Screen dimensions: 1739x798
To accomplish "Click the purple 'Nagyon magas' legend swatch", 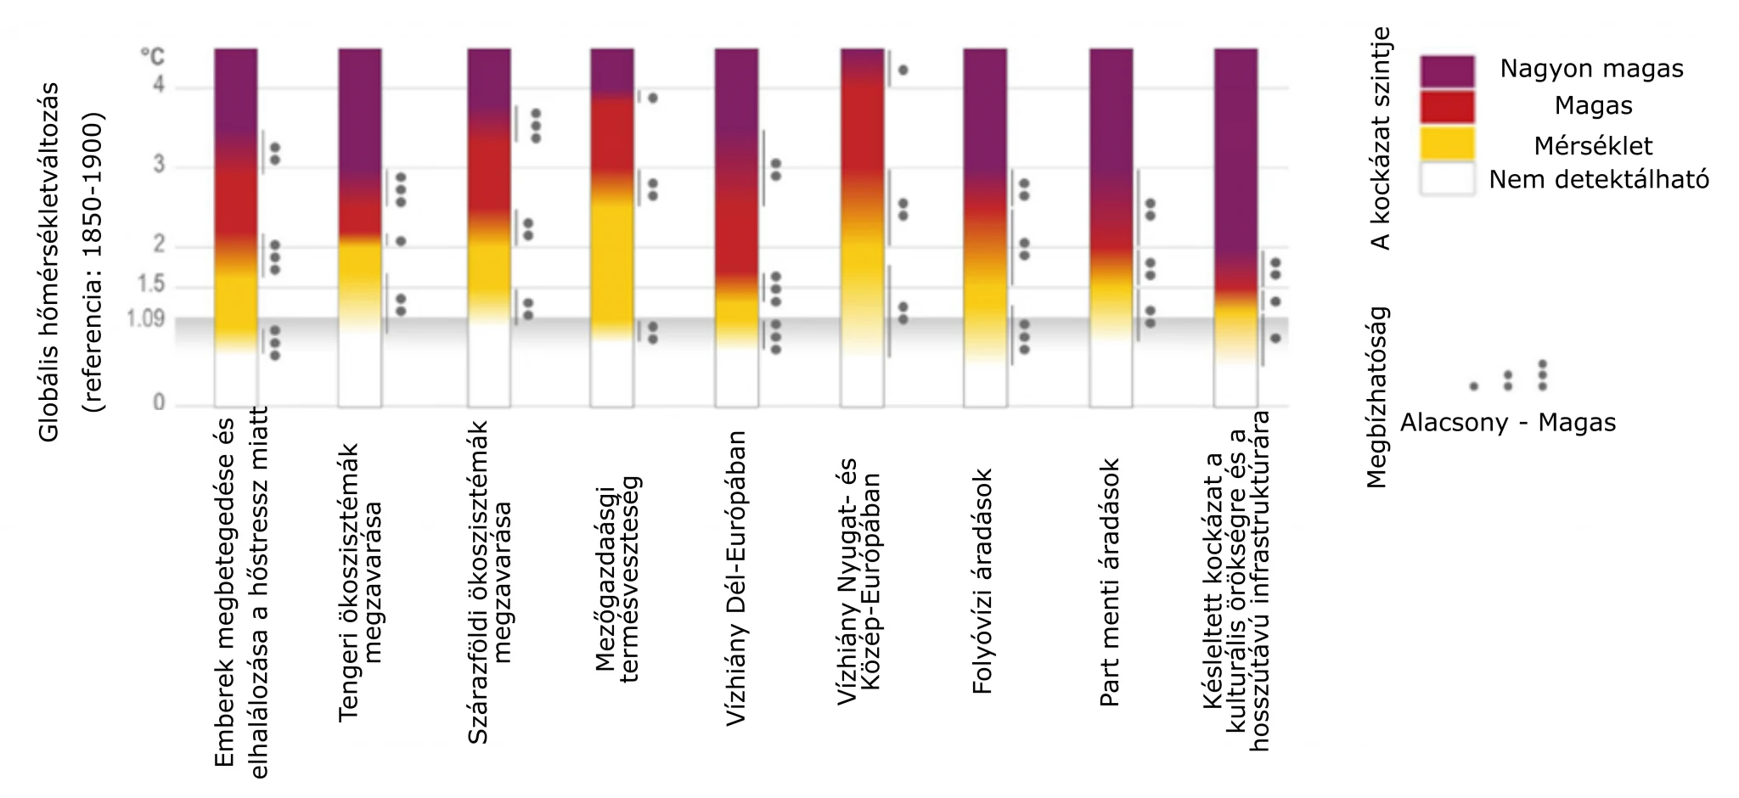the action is coord(1447,71).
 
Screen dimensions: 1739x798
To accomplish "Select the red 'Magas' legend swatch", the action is coord(1447,107).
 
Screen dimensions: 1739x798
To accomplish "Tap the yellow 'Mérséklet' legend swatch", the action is coord(1447,143).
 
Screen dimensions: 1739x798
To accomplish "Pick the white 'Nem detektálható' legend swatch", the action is coord(1447,179).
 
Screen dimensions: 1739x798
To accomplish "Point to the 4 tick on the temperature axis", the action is coord(159,87).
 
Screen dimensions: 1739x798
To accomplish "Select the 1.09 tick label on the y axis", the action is coord(145,319).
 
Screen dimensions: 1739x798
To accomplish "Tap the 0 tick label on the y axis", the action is coord(159,403).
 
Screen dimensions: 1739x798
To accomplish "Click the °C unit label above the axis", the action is coord(153,58).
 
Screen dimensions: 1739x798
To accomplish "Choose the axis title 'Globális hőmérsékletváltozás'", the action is coord(49,261).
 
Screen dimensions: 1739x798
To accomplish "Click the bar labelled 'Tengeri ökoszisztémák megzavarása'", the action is coord(360,228).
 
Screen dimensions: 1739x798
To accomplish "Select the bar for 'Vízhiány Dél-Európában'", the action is coord(736,228).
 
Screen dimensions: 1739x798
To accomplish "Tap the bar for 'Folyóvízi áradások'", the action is coord(985,228).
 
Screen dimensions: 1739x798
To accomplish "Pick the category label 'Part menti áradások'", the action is coord(1109,582).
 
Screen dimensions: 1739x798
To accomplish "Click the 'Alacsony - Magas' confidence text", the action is coord(1508,423).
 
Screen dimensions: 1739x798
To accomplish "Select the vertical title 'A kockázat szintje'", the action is coord(1382,138).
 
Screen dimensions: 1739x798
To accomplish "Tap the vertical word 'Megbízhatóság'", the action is coord(1376,396).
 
